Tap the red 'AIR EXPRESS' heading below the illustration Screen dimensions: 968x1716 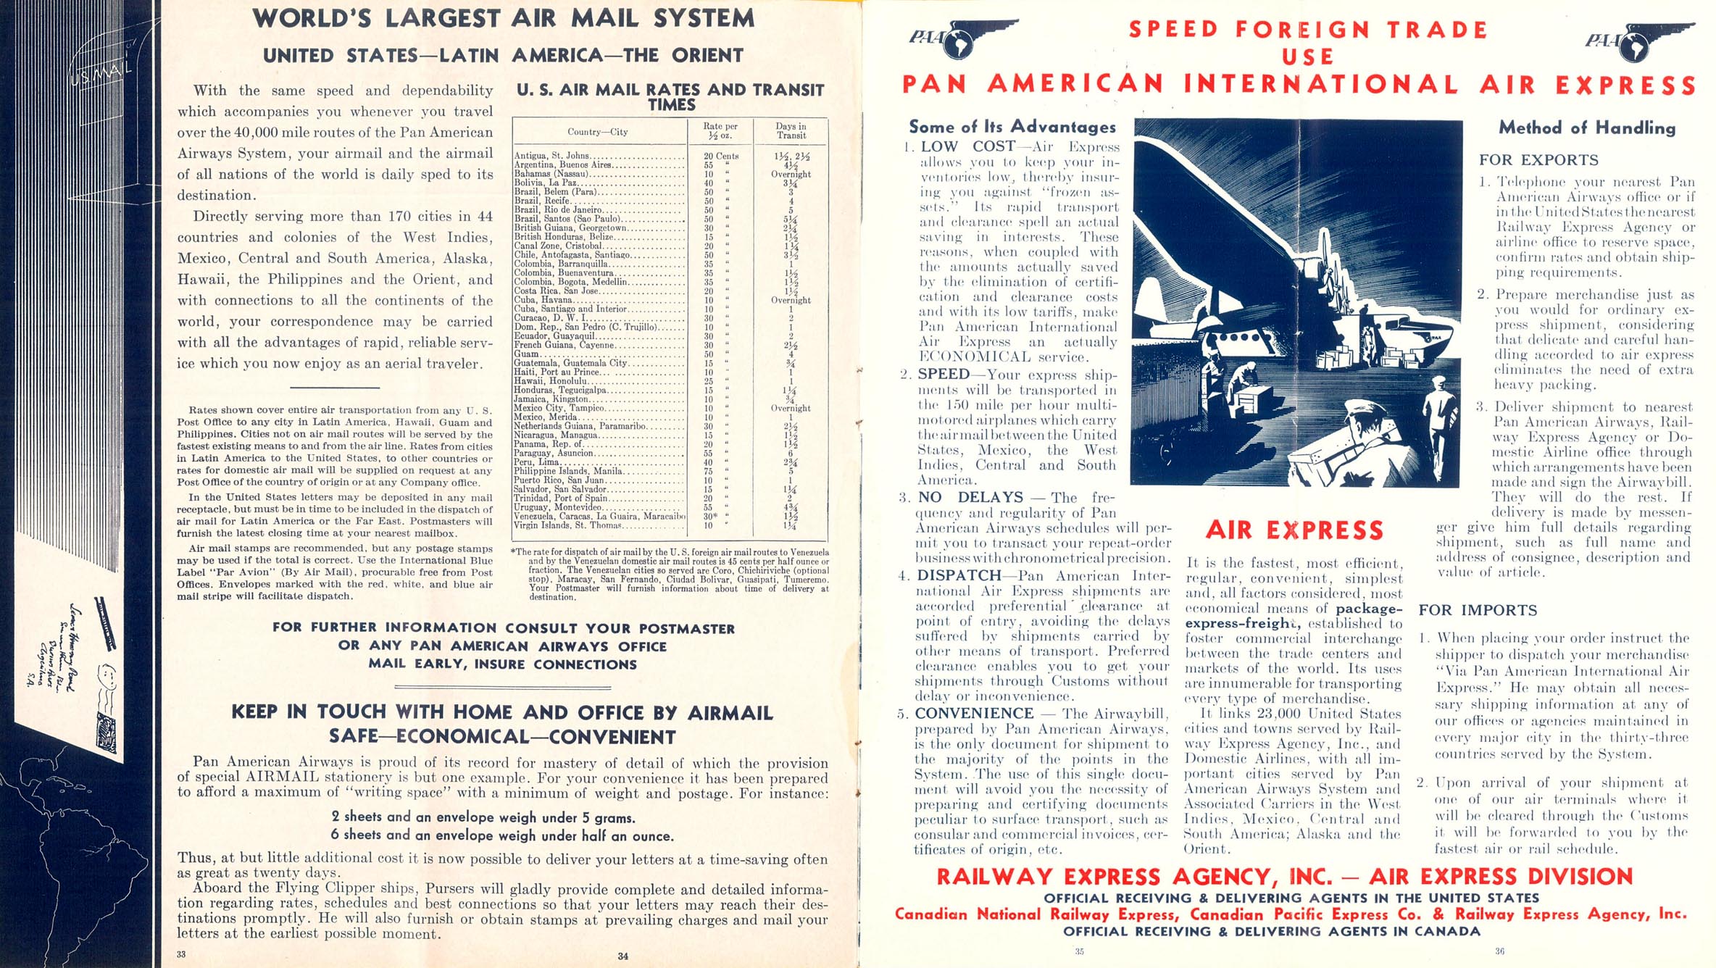point(1295,530)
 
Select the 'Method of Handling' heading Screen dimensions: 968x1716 point(1587,128)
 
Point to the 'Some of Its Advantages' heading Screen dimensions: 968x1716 point(1012,127)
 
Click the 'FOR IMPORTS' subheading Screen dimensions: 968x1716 point(1478,610)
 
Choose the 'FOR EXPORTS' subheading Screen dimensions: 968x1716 point(1538,160)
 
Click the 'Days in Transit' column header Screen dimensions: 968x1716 point(791,130)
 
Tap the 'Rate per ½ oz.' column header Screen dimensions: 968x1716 point(720,130)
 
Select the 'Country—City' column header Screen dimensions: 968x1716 point(597,132)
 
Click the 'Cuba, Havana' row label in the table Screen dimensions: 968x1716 point(543,300)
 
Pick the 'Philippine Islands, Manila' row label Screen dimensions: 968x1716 point(568,471)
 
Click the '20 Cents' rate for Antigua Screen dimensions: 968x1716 point(721,156)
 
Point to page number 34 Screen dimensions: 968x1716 point(622,956)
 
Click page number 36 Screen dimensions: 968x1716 point(1499,951)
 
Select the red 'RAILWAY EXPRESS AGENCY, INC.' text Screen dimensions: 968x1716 point(1134,877)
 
